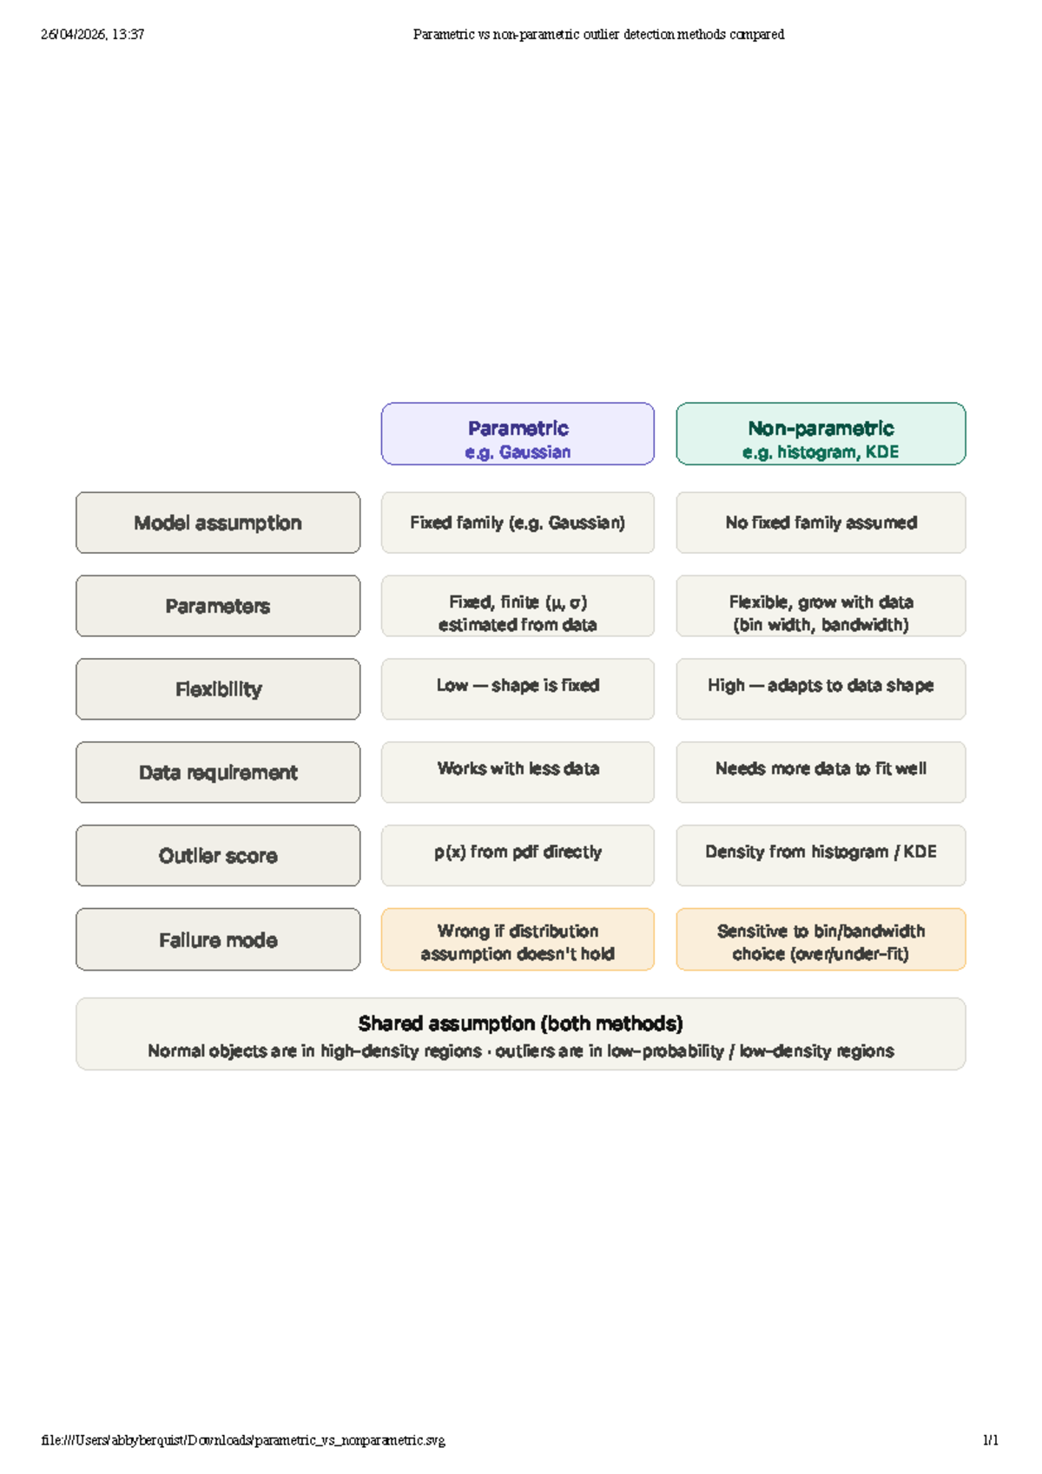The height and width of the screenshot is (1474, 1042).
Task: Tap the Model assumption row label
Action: point(218,523)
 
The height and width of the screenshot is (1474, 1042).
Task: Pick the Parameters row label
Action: point(218,606)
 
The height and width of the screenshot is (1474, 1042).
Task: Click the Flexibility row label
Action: point(218,689)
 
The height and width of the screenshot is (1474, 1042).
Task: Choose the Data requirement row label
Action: point(218,773)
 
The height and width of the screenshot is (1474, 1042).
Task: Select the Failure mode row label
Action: point(218,939)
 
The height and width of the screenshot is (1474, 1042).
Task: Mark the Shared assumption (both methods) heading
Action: point(521,1024)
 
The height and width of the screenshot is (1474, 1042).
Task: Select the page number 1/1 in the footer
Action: point(991,1440)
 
